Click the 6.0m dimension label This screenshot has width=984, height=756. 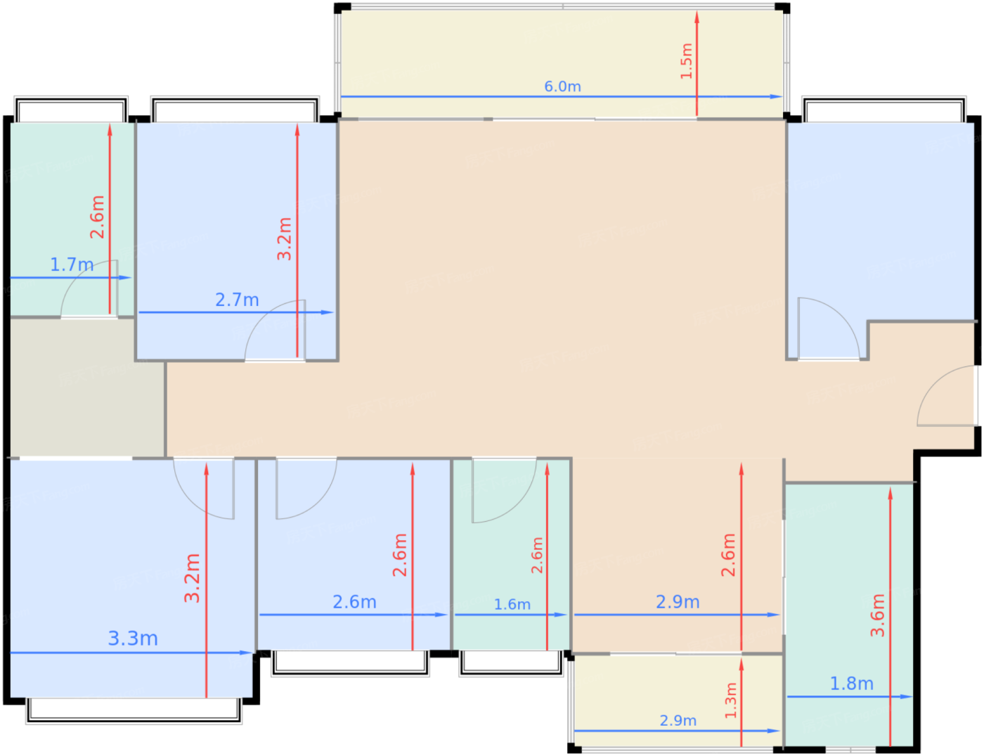pos(562,86)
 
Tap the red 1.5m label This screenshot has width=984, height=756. pos(687,61)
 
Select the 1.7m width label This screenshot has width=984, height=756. pos(72,264)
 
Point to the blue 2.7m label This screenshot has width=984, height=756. pos(237,300)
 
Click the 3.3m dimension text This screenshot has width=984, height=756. pos(133,639)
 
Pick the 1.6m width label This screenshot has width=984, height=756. pos(512,604)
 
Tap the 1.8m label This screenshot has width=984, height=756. pos(851,684)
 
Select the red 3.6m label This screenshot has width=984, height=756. pos(877,615)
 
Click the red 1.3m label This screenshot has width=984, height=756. pos(731,700)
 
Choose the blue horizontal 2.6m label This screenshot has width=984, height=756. pos(354,602)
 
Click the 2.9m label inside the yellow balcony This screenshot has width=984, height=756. pos(678,720)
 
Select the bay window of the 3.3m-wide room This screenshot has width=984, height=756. pos(134,710)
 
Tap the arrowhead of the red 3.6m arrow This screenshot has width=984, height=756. pos(890,493)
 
